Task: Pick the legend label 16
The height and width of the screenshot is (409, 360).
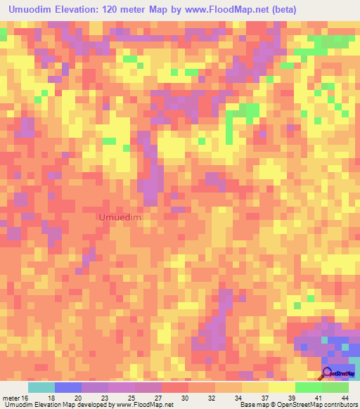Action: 27,398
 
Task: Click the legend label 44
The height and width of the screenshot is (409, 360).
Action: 345,398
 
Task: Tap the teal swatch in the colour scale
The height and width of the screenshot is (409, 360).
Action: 41,387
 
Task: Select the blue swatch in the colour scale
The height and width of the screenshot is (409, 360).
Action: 68,387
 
